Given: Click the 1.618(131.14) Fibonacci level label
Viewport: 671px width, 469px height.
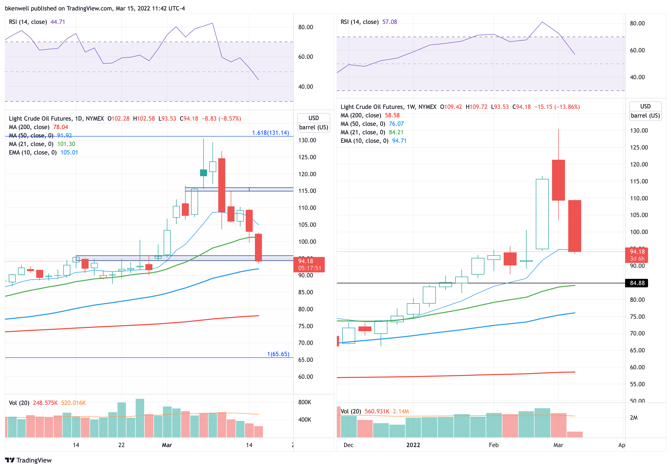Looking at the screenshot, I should pos(270,133).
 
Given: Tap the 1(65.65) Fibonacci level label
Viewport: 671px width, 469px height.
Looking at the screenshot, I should pos(278,354).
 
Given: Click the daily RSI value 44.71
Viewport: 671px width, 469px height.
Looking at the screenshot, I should pos(58,22).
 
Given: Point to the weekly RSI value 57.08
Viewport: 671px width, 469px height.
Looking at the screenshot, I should pos(390,22).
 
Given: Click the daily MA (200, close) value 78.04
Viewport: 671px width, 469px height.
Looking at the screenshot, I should pos(61,127).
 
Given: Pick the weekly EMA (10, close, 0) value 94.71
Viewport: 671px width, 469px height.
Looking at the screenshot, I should pos(399,141).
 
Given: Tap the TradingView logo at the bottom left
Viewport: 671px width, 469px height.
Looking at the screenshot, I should pos(28,460).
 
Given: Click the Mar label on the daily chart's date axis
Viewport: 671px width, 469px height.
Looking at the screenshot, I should pos(167,445).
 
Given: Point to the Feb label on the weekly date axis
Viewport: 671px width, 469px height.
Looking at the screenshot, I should pos(494,445).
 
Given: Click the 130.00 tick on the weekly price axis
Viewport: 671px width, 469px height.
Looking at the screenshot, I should pos(639,131).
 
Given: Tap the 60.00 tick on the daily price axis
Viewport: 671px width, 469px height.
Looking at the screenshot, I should pos(305,377).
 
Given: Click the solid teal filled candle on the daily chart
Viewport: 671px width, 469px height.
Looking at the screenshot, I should pos(203,173).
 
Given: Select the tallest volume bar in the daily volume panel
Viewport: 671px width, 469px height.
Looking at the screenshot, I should pos(140,418).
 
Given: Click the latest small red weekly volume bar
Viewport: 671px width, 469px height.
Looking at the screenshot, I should pos(574,434).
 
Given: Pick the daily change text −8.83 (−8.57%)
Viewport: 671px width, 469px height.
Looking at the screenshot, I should pos(221,119).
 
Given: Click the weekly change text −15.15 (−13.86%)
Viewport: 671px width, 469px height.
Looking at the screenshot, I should pos(557,107).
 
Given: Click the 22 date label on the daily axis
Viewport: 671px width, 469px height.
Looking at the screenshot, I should pos(121,445).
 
